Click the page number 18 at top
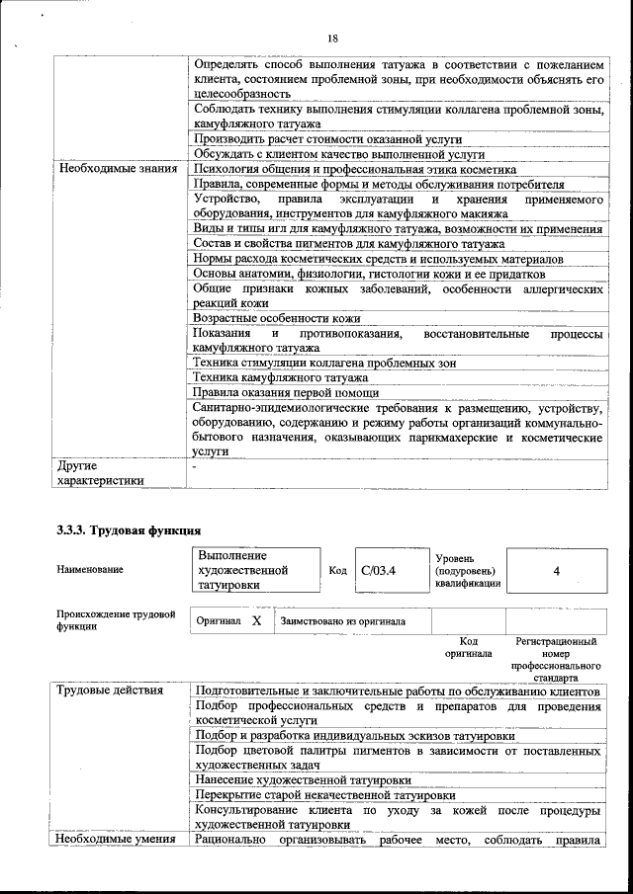tap(332, 38)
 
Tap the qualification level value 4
tap(556, 571)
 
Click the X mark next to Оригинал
tap(256, 620)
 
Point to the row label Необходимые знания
tap(118, 169)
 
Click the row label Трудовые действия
tap(110, 690)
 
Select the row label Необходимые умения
tap(116, 840)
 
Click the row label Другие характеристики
tap(100, 472)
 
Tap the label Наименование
tap(90, 570)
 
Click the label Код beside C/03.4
tap(337, 571)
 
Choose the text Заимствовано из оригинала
tap(342, 621)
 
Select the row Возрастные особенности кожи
tap(277, 318)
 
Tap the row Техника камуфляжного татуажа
tap(281, 377)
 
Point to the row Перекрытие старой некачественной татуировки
tap(324, 794)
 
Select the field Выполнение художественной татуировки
tap(243, 570)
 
